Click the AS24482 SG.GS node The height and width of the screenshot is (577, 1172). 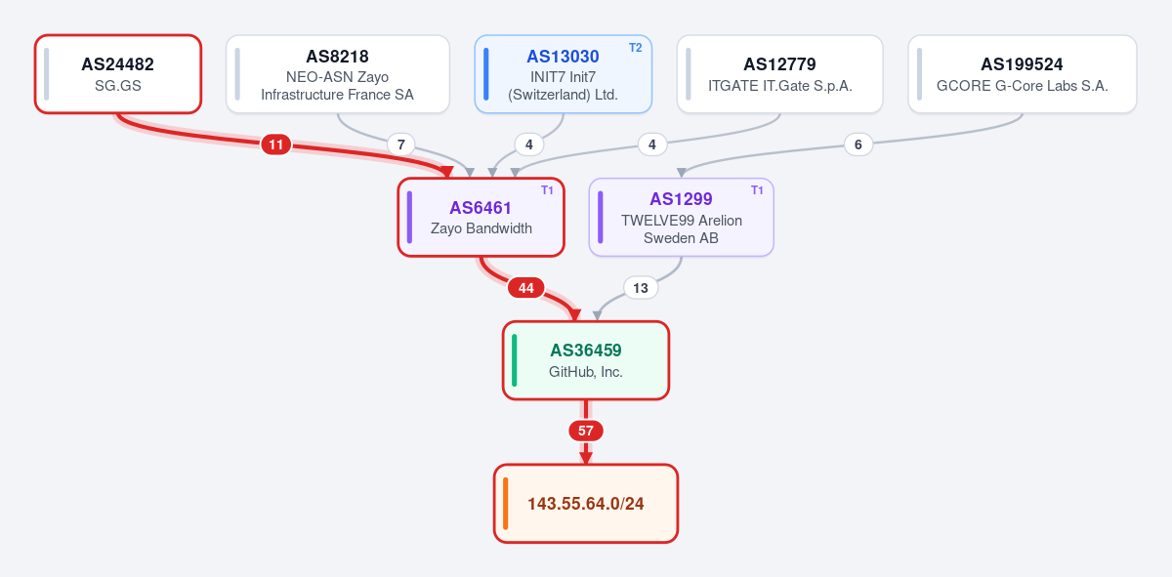[118, 74]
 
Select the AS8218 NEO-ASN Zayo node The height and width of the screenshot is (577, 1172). [338, 74]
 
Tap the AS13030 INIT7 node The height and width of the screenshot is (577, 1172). [563, 74]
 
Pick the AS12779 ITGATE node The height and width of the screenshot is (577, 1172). [779, 74]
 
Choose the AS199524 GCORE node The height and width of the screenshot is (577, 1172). [1023, 74]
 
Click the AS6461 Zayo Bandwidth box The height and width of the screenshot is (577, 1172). [481, 217]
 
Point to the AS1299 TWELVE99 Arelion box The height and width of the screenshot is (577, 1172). [682, 217]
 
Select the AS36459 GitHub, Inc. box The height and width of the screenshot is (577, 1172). [585, 360]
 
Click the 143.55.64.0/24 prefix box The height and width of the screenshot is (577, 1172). [585, 503]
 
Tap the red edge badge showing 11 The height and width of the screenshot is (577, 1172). [276, 144]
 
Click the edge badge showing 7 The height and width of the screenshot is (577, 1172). [400, 144]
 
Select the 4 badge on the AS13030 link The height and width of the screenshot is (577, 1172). [529, 144]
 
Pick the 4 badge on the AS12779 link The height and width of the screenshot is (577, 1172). [652, 144]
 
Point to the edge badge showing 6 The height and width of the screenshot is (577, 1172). [858, 144]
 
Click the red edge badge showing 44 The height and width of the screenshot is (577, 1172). [525, 288]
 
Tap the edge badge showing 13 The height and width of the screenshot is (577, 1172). [641, 288]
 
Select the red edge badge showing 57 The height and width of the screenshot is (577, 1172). [585, 431]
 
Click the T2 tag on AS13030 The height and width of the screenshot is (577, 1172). [635, 48]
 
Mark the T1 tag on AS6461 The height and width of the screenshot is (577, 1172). [547, 190]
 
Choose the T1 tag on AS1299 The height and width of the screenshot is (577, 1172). [757, 190]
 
